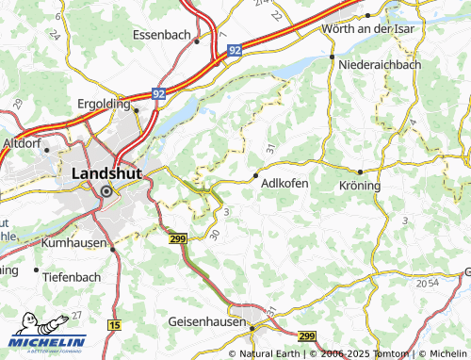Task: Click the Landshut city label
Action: (x=106, y=173)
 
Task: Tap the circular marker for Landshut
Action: (x=106, y=190)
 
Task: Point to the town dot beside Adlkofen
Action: (x=257, y=174)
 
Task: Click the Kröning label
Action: (x=358, y=186)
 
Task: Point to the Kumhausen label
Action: (x=76, y=242)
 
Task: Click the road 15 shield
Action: (x=115, y=324)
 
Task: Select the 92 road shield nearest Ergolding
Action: (x=159, y=94)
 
